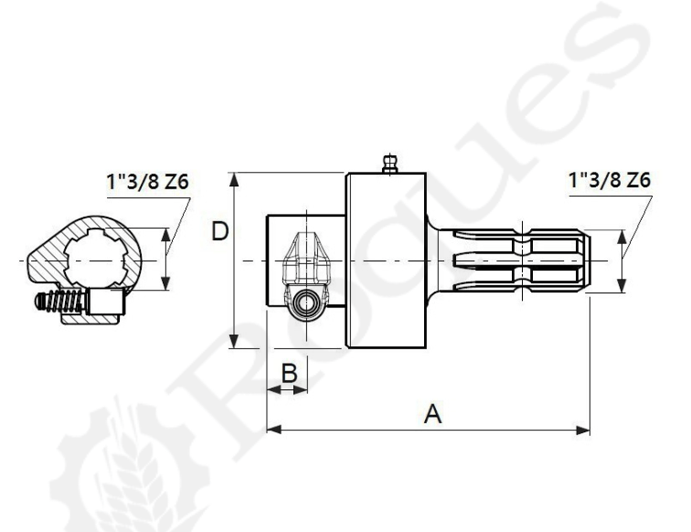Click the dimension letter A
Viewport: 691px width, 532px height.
coord(432,414)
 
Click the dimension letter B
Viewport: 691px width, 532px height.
coord(289,373)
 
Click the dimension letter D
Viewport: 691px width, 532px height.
coord(220,231)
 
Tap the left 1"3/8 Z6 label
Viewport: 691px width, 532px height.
coord(148,182)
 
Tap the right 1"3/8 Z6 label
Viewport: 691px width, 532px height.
coord(610,180)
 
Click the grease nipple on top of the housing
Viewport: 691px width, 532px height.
coord(390,164)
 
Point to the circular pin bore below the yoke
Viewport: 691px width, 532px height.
coord(306,303)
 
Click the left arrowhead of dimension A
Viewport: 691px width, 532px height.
coord(274,430)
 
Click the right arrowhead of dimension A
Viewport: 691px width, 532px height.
coord(582,430)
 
